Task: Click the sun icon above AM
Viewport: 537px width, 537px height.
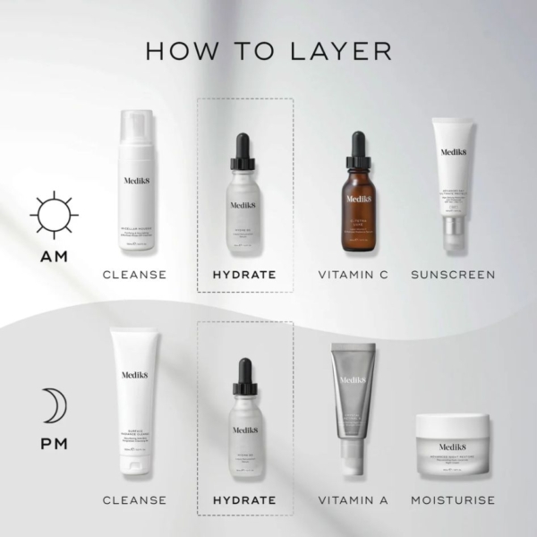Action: click(54, 215)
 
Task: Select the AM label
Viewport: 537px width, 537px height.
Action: click(54, 258)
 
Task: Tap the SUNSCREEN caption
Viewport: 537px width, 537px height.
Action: click(452, 274)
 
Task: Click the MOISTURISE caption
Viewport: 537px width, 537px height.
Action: click(452, 499)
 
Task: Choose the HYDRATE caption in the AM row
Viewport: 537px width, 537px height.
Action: click(244, 274)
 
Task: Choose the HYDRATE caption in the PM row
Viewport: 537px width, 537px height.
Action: click(244, 499)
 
